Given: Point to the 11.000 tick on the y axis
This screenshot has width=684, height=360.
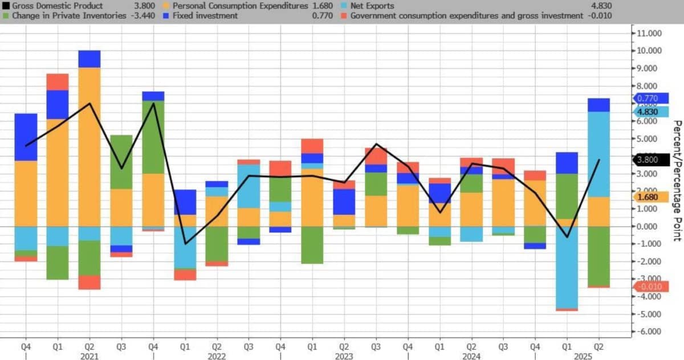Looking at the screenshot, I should click(650, 33).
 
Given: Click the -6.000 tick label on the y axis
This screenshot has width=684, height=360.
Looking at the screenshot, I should click(650, 332).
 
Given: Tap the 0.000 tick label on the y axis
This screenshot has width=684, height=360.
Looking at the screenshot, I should click(650, 226).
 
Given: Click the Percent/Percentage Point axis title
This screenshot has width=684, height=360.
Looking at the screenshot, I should click(677, 181).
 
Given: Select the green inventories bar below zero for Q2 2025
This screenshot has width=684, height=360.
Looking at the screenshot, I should click(599, 256).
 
